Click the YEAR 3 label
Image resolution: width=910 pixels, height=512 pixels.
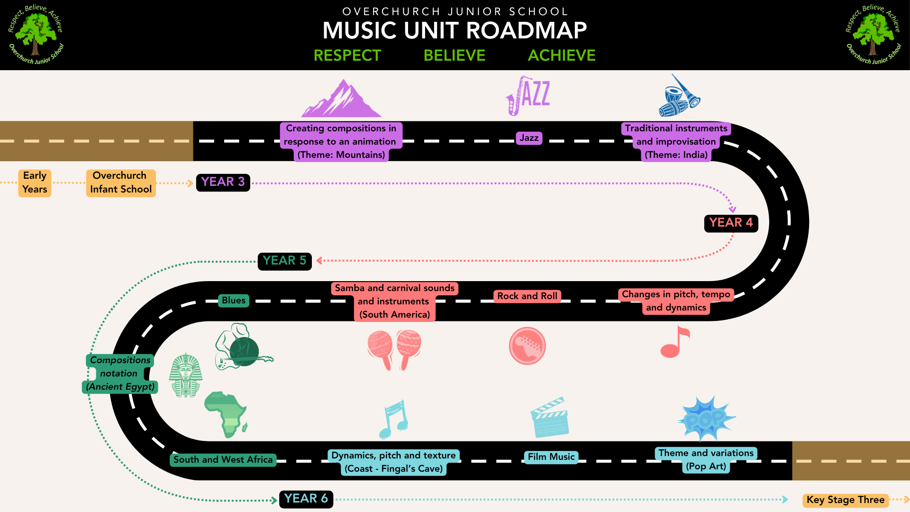[x=223, y=183]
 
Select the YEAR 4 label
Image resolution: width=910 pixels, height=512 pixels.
[x=731, y=223]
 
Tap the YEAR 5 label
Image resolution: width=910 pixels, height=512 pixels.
[x=284, y=261]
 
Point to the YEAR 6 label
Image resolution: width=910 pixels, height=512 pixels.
[x=306, y=499]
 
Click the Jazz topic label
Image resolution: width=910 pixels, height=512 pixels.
[x=529, y=138]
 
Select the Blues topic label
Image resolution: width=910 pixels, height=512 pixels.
[x=234, y=301]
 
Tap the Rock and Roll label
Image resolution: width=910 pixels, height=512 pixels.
[x=527, y=296]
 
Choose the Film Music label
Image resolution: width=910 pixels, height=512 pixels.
[x=551, y=457]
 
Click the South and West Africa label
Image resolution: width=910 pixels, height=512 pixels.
[x=223, y=460]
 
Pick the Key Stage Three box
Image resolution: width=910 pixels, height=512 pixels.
[x=846, y=500]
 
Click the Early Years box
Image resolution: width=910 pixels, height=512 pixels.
[x=35, y=183]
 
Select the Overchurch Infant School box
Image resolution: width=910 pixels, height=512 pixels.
[x=121, y=183]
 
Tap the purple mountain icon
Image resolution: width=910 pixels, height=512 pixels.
[x=341, y=98]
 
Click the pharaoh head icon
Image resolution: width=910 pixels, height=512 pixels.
[x=186, y=375]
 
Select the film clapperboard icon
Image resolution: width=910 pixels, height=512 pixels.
[x=550, y=417]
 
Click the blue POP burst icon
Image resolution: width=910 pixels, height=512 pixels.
[x=706, y=419]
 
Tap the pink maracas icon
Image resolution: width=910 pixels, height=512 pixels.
[x=394, y=350]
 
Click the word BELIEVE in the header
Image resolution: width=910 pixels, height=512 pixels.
[x=455, y=55]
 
